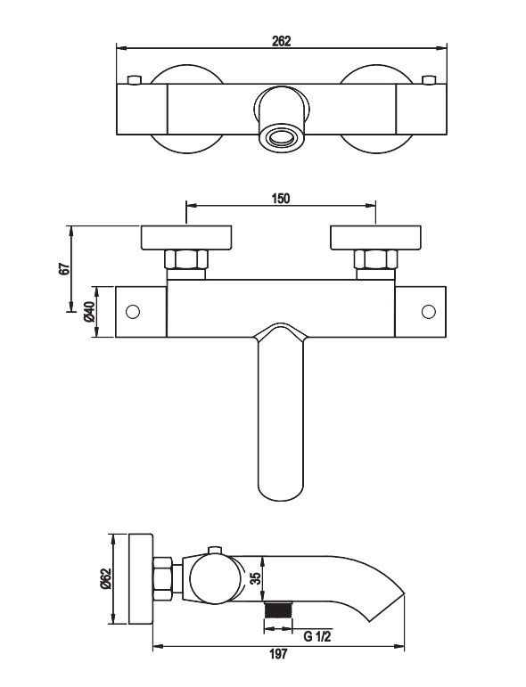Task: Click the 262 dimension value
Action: tap(282, 41)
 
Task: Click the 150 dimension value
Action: tap(281, 199)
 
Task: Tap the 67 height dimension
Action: tap(65, 268)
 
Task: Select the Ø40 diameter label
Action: tap(89, 312)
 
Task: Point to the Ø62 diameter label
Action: tap(105, 579)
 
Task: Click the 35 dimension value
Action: tap(256, 578)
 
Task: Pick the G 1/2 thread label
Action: tap(316, 636)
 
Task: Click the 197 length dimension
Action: tap(279, 654)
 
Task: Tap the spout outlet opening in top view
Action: tap(282, 138)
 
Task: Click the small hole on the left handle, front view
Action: tap(132, 312)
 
